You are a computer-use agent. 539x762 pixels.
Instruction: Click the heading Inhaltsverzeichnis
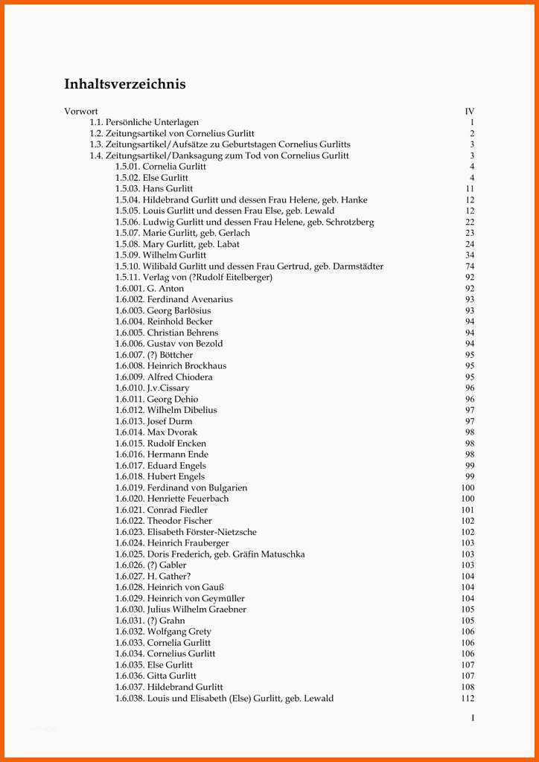pyautogui.click(x=125, y=84)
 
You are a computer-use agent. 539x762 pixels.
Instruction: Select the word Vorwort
pyautogui.click(x=81, y=112)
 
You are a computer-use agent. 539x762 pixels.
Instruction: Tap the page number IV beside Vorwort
pyautogui.click(x=469, y=112)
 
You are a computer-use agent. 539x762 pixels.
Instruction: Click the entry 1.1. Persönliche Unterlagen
pyautogui.click(x=144, y=122)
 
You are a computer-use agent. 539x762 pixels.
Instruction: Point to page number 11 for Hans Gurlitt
pyautogui.click(x=470, y=189)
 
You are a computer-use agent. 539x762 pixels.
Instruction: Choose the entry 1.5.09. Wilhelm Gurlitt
pyautogui.click(x=161, y=255)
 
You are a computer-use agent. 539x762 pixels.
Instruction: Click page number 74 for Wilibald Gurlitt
pyautogui.click(x=470, y=266)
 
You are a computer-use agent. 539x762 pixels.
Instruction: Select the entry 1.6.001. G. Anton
pyautogui.click(x=149, y=288)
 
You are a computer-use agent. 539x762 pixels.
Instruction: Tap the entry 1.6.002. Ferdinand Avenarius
pyautogui.click(x=173, y=299)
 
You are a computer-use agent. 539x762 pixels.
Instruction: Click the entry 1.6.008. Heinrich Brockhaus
pyautogui.click(x=170, y=366)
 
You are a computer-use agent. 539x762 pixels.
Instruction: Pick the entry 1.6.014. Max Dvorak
pyautogui.click(x=156, y=432)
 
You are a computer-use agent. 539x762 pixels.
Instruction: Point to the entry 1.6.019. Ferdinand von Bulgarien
pyautogui.click(x=181, y=487)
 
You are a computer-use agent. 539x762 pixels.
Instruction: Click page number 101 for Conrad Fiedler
pyautogui.click(x=468, y=510)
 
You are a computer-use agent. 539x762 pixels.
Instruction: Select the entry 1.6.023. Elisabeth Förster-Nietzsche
pyautogui.click(x=185, y=532)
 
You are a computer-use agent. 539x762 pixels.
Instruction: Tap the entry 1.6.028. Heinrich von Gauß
pyautogui.click(x=169, y=587)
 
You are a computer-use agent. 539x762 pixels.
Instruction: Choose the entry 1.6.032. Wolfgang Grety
pyautogui.click(x=162, y=632)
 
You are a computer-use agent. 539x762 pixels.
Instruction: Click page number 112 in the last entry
pyautogui.click(x=468, y=698)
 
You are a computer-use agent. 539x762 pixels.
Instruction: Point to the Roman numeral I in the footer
pyautogui.click(x=472, y=718)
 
